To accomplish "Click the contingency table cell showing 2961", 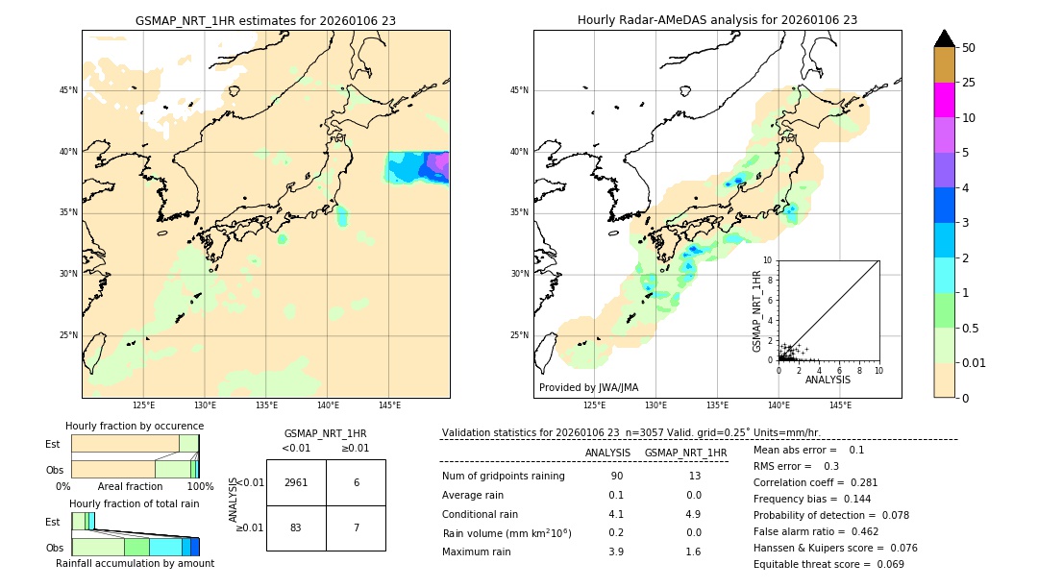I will tap(296, 482).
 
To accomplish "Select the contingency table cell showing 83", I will tap(296, 527).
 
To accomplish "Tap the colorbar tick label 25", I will tap(970, 83).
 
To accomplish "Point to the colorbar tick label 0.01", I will tap(975, 363).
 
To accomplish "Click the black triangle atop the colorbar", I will tap(945, 38).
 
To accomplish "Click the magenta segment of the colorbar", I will tap(945, 100).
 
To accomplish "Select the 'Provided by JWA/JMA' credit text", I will tap(588, 388).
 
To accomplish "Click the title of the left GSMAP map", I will tap(265, 20).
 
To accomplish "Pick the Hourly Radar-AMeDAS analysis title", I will tap(717, 20).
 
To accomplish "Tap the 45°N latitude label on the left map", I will tap(68, 90).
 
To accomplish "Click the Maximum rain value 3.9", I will tap(616, 551).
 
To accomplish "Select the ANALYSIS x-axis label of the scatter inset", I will tap(828, 380).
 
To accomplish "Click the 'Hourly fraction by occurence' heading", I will tap(135, 426).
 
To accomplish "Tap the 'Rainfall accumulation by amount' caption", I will tap(135, 564).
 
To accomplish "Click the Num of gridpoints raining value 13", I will tap(694, 477).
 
